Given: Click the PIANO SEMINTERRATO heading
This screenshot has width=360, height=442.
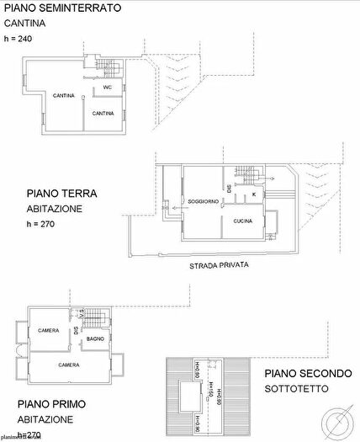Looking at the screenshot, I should click(x=61, y=8).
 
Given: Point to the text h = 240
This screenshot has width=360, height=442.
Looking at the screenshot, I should click(x=20, y=40).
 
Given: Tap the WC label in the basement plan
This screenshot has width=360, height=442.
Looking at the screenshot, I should click(x=108, y=88).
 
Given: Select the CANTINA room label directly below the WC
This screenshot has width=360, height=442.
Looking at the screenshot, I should click(x=103, y=113).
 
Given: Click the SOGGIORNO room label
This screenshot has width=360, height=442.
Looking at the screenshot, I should click(x=204, y=202).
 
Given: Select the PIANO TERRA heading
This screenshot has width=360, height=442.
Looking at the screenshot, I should click(x=61, y=193).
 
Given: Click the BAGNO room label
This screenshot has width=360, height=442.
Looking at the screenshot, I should click(x=94, y=339).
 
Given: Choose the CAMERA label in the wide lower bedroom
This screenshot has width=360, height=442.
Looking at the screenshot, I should click(x=69, y=365).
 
